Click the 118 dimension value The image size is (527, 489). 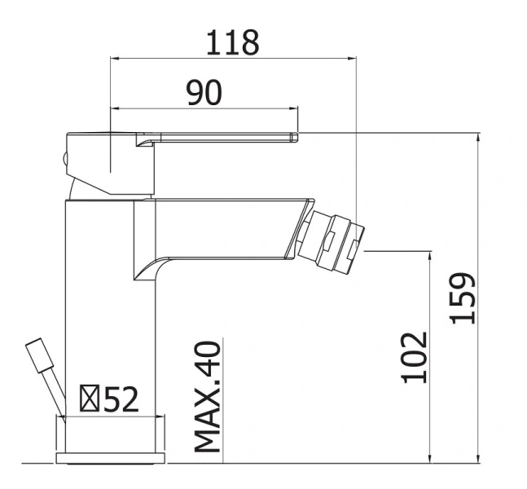[233, 42]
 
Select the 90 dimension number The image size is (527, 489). [204, 92]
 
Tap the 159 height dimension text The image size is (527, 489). [463, 298]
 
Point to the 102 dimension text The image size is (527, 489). [415, 358]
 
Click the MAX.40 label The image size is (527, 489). [208, 397]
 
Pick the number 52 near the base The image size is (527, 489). [121, 399]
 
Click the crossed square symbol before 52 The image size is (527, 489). [90, 399]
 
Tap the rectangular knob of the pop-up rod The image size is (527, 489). [40, 355]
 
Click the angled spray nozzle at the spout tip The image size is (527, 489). [330, 240]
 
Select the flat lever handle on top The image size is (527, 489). [182, 138]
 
